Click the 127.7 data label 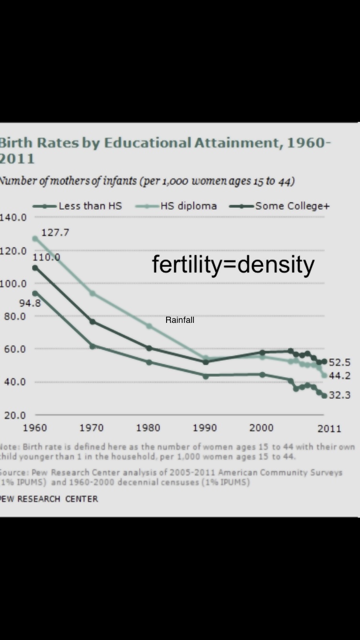pyautogui.click(x=55, y=233)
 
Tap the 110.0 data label pyautogui.click(x=47, y=257)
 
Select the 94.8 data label pyautogui.click(x=30, y=303)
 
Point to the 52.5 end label pyautogui.click(x=339, y=362)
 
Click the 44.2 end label pyautogui.click(x=339, y=376)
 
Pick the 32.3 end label pyautogui.click(x=339, y=395)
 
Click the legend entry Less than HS pyautogui.click(x=90, y=206)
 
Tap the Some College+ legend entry pyautogui.click(x=292, y=206)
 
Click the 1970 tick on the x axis pyautogui.click(x=91, y=428)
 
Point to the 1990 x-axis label pyautogui.click(x=205, y=428)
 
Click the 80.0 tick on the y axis pyautogui.click(x=14, y=317)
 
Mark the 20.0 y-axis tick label pyautogui.click(x=14, y=415)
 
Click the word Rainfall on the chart pyautogui.click(x=180, y=320)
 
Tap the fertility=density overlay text pyautogui.click(x=233, y=264)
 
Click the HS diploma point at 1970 pyautogui.click(x=92, y=293)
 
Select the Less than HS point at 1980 pyautogui.click(x=149, y=362)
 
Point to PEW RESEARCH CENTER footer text pyautogui.click(x=49, y=499)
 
